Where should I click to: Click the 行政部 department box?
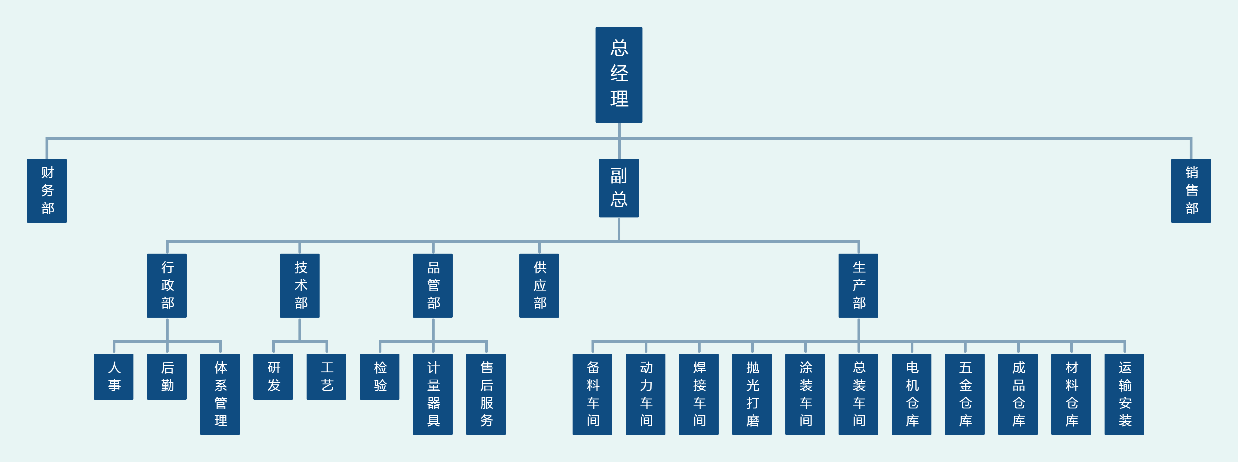coord(167,285)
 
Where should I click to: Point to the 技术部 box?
coord(300,285)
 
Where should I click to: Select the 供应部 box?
coord(539,285)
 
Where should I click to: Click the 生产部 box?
coord(858,285)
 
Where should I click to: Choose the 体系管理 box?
coord(220,394)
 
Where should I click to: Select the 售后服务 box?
coord(486,394)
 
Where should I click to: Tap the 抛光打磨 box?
coord(752,394)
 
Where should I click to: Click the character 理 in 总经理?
coord(619,99)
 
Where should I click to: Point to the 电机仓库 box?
coord(912,394)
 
